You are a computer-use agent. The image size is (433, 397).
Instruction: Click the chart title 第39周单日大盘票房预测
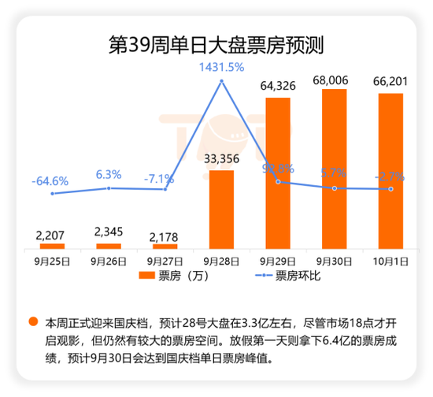216,43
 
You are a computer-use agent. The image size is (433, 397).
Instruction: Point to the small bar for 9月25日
52,246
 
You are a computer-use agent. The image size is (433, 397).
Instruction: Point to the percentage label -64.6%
52,180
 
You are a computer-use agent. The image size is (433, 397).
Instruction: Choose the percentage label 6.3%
108,175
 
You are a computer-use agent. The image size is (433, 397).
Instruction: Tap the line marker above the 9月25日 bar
52,194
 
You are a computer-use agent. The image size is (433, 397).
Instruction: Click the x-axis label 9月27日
165,258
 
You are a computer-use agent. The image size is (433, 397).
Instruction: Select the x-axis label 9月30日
335,258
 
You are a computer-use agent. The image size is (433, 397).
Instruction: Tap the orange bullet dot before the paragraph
33,322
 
